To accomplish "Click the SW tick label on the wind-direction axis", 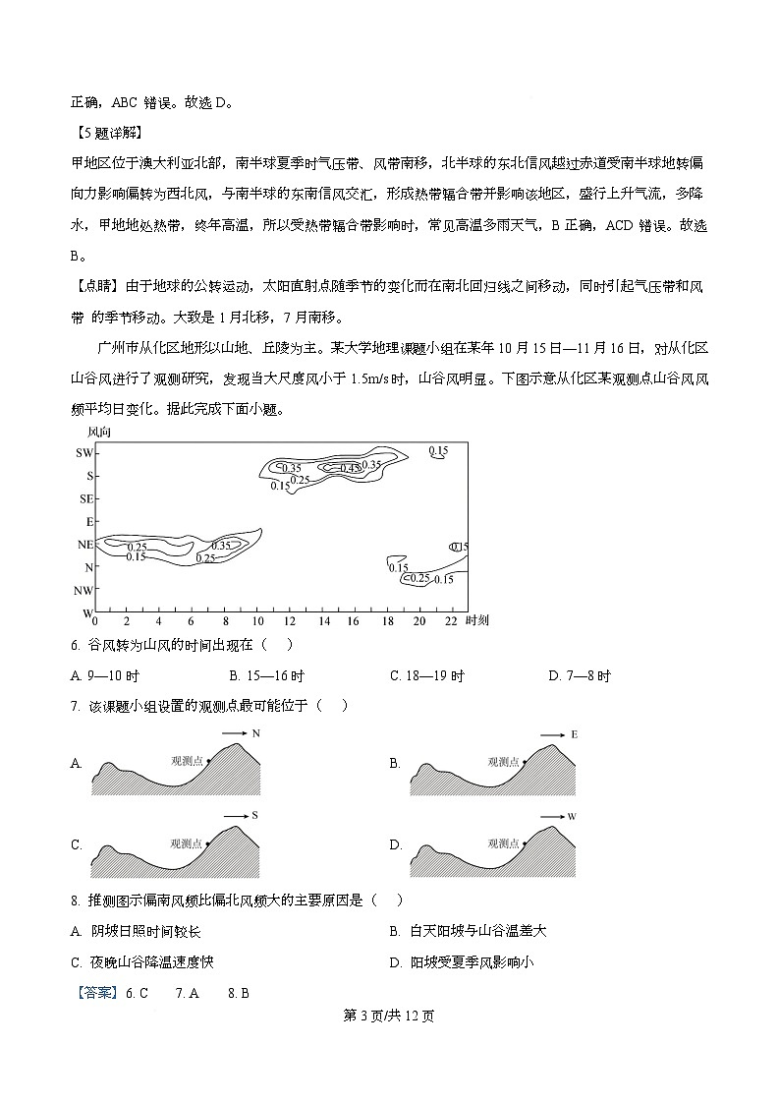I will pyautogui.click(x=83, y=453).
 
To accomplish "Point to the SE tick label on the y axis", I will pyautogui.click(x=84, y=498).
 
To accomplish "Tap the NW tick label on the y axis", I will pyautogui.click(x=83, y=591).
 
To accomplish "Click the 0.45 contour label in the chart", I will pyautogui.click(x=351, y=469).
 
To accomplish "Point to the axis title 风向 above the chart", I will pyautogui.click(x=99, y=432).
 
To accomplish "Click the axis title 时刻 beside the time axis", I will pyautogui.click(x=478, y=621).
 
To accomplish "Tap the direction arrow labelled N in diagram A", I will pyautogui.click(x=240, y=734).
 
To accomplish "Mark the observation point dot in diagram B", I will pyautogui.click(x=524, y=761).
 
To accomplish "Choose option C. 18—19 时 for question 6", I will pyautogui.click(x=426, y=676).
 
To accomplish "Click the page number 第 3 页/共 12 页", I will pyautogui.click(x=388, y=1017).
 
